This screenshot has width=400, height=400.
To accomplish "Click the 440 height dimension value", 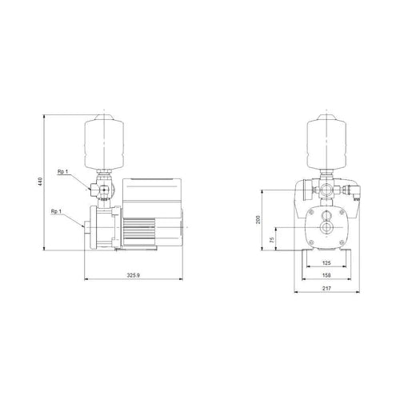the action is pyautogui.click(x=41, y=182).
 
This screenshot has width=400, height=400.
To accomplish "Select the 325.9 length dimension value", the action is pyautogui.click(x=134, y=275).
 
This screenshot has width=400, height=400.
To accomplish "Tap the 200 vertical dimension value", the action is pyautogui.click(x=258, y=219).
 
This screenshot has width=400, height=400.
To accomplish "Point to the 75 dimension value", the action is pyautogui.click(x=272, y=239).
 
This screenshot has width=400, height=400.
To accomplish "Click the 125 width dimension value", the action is pyautogui.click(x=326, y=263).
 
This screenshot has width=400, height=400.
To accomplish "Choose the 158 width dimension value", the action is pyautogui.click(x=326, y=275).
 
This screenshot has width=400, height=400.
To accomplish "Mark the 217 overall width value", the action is pyautogui.click(x=326, y=288).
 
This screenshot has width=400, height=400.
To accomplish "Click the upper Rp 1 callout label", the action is pyautogui.click(x=63, y=171).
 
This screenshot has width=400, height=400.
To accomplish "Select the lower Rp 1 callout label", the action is pyautogui.click(x=56, y=211).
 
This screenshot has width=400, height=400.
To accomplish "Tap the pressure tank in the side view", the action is pyautogui.click(x=104, y=142).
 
